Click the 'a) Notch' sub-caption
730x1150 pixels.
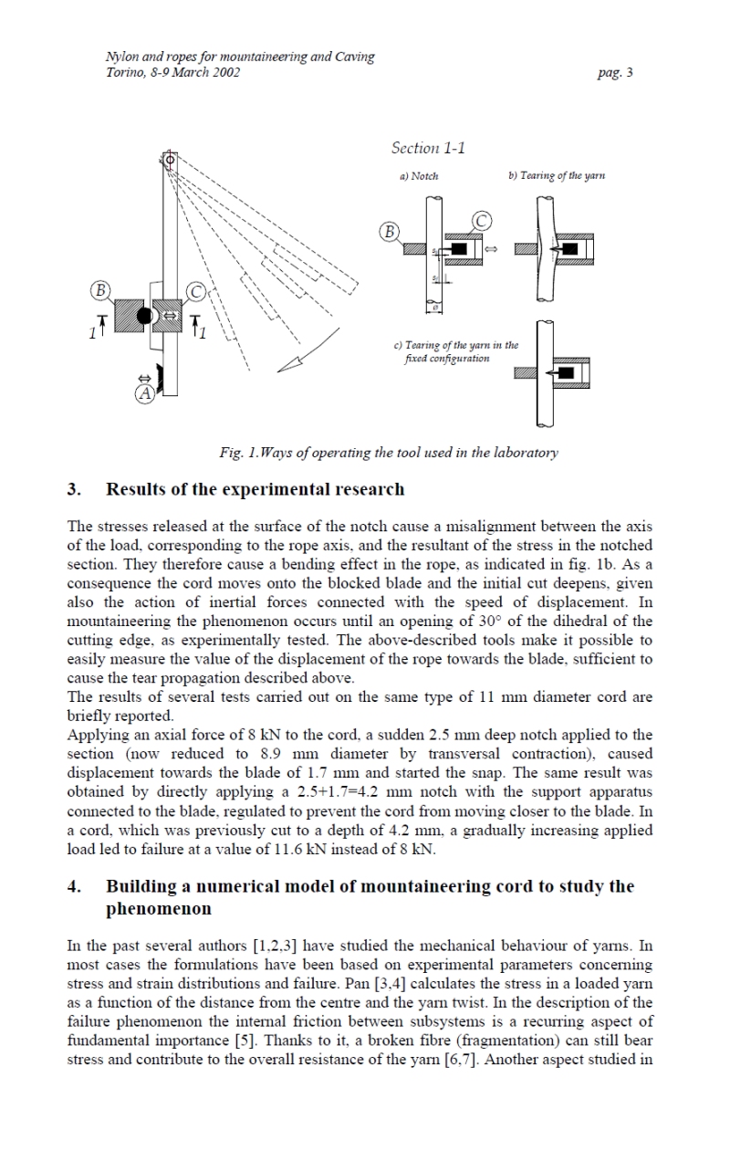(419, 175)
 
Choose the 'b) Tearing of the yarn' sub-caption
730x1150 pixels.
(557, 175)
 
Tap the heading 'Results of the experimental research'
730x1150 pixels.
(255, 489)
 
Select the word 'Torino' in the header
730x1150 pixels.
(124, 73)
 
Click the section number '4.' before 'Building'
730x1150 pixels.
(75, 886)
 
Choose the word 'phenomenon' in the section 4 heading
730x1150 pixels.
(158, 909)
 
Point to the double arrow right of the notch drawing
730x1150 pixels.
(490, 248)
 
